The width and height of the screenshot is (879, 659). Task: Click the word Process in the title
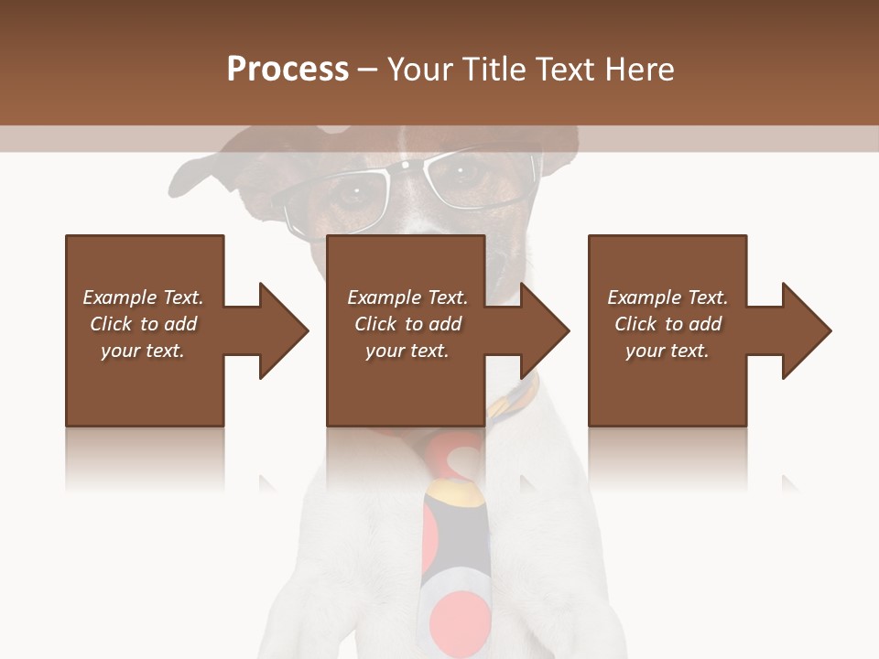click(x=288, y=70)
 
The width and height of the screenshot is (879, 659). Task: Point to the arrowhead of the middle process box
click(x=544, y=330)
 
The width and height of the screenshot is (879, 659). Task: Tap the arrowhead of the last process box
click(x=806, y=330)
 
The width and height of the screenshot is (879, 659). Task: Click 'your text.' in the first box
click(x=143, y=351)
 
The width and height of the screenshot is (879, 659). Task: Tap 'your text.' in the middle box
click(x=407, y=351)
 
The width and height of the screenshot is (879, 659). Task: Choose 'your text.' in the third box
click(x=667, y=351)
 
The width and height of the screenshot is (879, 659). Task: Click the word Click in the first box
click(x=111, y=324)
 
